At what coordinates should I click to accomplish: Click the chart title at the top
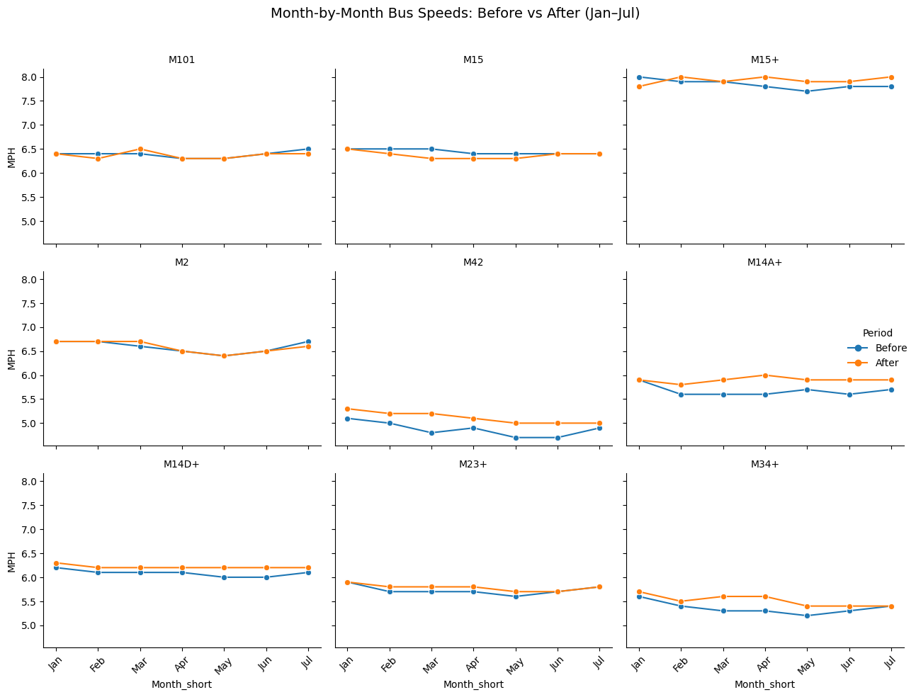[x=455, y=13]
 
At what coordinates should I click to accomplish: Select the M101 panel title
[x=181, y=59]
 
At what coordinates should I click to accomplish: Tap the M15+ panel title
[x=764, y=59]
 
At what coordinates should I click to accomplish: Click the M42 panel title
[x=473, y=262]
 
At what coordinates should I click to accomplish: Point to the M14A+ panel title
[x=764, y=262]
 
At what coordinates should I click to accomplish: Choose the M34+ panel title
[x=764, y=464]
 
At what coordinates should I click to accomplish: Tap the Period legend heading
[x=877, y=333]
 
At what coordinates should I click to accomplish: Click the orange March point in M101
[x=140, y=149]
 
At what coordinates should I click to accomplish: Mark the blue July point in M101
[x=308, y=149]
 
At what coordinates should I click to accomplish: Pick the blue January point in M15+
[x=639, y=77]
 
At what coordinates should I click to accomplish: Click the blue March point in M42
[x=431, y=433]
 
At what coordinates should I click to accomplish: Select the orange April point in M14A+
[x=765, y=375]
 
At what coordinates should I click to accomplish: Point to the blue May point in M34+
[x=807, y=616]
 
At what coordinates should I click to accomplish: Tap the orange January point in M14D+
[x=57, y=563]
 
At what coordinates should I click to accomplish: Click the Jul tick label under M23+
[x=599, y=662]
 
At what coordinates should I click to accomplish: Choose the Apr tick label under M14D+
[x=181, y=663]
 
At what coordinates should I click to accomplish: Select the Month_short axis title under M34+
[x=764, y=684]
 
